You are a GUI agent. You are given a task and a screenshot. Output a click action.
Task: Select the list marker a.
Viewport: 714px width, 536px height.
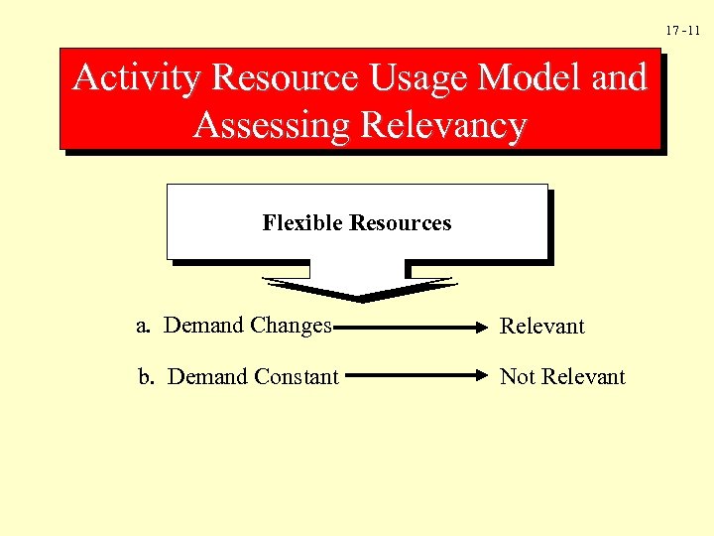click(144, 326)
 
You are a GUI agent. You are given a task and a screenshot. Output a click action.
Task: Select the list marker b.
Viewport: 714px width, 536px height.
click(146, 377)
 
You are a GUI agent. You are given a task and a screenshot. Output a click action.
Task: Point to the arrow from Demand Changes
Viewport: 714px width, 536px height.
click(412, 326)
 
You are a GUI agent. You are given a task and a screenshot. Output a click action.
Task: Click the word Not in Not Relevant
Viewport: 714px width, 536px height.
click(517, 377)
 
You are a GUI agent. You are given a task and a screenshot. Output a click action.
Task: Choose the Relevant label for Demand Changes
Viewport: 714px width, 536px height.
click(542, 327)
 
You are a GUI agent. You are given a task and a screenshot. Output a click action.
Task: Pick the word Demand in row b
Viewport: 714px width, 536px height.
click(208, 377)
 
